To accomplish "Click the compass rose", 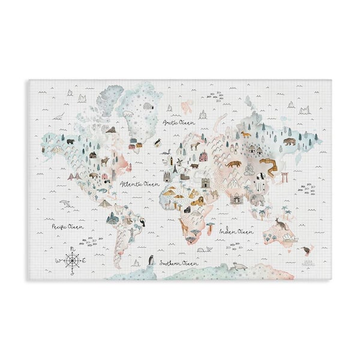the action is [71, 260].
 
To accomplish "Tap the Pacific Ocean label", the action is [68, 227].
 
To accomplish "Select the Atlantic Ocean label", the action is [139, 184].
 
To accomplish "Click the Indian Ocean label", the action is [236, 230].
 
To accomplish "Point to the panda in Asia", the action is [261, 176].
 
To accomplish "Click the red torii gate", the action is [285, 177].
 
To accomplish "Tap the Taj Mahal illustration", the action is [236, 197].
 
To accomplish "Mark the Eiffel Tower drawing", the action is [175, 170].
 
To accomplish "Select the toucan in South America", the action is [142, 223].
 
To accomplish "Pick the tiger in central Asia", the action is [233, 163].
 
